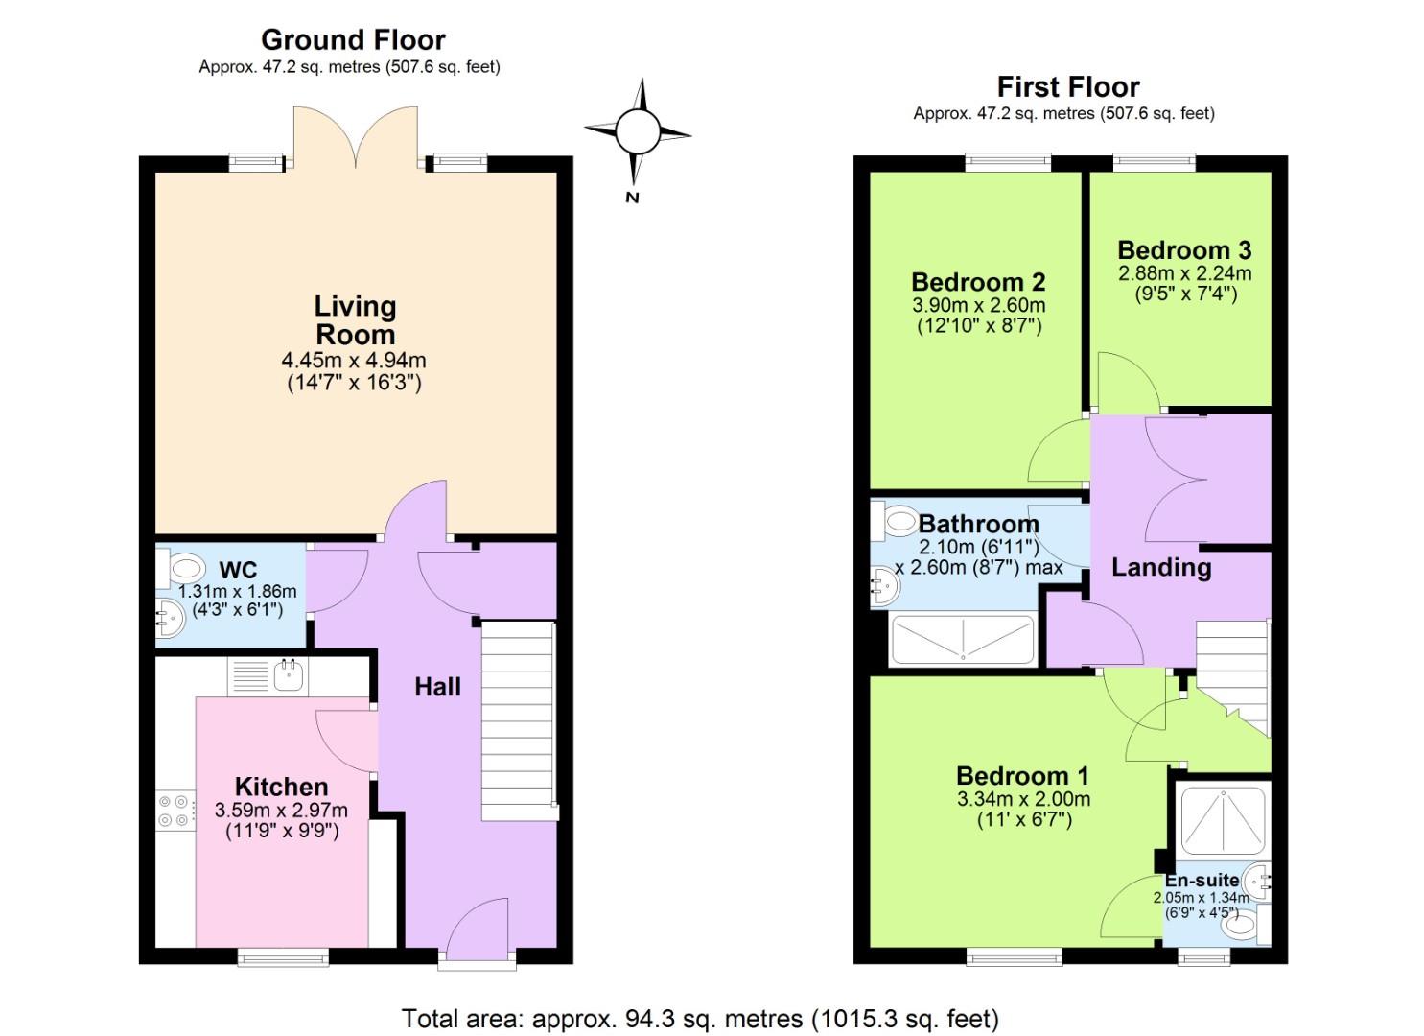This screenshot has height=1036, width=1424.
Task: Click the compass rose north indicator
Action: coord(637,131)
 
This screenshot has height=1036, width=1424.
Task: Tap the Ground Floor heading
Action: coord(353,40)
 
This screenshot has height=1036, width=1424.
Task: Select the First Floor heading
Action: coord(1067,87)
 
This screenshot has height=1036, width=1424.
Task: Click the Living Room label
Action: coord(355,320)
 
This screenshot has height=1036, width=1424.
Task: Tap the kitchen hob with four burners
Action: coord(175,811)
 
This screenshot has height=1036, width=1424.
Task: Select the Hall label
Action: coord(437,687)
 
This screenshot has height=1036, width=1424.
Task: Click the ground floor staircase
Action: coord(518,719)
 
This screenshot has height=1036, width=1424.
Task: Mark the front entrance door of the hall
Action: coord(478,930)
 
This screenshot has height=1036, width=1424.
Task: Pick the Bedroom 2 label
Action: coord(977,282)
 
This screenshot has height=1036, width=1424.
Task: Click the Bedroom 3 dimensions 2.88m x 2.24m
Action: coord(1184,273)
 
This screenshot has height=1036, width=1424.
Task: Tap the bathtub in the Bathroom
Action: coord(962,639)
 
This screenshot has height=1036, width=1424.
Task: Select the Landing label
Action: coord(1160,567)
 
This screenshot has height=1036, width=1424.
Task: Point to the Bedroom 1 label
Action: coord(1023,776)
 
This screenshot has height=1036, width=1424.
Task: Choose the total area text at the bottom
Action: coord(700,1018)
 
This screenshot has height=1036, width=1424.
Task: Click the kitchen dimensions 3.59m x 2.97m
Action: coord(281,811)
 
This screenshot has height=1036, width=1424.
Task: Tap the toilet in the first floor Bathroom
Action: coord(898,522)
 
